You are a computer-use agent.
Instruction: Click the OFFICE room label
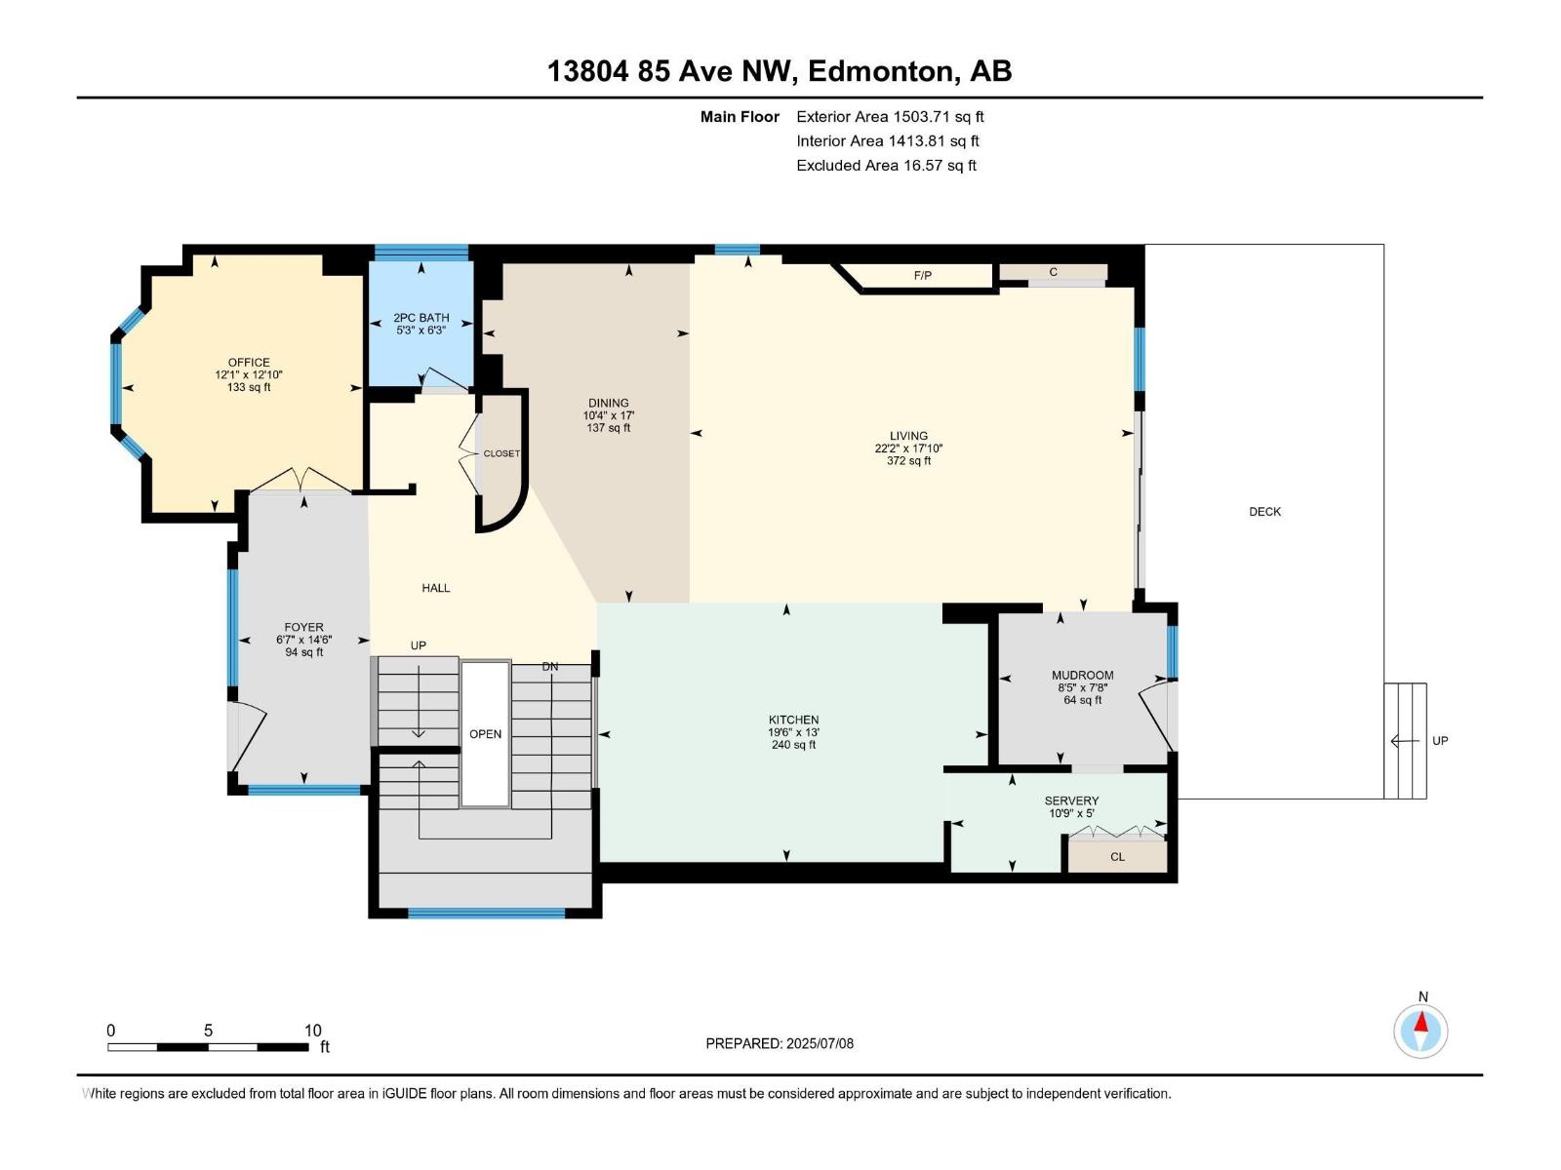[249, 363]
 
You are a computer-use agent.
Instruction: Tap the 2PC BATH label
[420, 318]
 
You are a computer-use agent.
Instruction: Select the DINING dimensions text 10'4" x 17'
[609, 415]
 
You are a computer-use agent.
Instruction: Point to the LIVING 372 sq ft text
[908, 461]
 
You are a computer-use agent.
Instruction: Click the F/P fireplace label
[922, 276]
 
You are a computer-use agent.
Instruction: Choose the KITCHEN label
[793, 720]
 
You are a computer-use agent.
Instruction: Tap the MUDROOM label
[1082, 675]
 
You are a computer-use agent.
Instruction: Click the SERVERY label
[1071, 800]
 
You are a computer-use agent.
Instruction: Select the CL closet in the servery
[1117, 857]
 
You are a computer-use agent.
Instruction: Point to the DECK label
[1264, 512]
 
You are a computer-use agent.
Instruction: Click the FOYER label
[303, 628]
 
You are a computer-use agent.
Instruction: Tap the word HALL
[435, 588]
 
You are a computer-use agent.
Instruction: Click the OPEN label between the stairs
[485, 734]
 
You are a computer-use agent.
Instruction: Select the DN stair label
[550, 667]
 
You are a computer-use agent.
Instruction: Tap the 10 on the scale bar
[312, 1031]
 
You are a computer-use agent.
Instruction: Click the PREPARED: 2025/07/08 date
[780, 1043]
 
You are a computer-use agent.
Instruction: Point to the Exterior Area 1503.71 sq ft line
[890, 117]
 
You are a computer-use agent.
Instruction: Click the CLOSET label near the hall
[501, 453]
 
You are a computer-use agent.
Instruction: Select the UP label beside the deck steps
[1439, 741]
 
